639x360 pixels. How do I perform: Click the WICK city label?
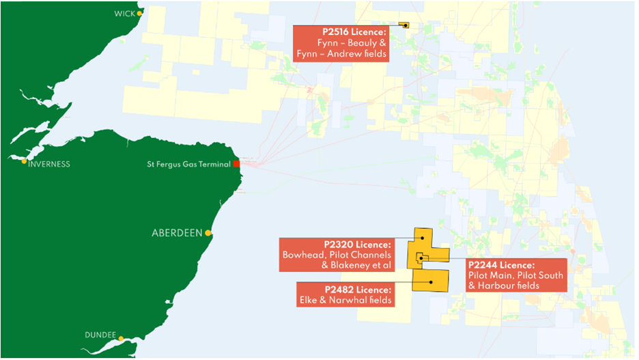point(125,14)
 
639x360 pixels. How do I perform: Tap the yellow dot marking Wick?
point(139,13)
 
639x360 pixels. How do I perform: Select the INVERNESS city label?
point(49,164)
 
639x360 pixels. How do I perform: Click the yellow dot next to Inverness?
point(25,161)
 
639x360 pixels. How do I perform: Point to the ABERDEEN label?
point(177,233)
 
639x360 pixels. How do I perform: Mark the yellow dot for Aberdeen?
point(208,233)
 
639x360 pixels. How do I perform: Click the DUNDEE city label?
point(100,335)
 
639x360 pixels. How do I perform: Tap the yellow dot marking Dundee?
point(121,338)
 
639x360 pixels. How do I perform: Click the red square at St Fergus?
point(236,164)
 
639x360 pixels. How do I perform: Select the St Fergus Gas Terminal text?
point(189,164)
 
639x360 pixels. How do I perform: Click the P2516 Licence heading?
point(354,31)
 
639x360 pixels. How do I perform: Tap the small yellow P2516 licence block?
point(403,25)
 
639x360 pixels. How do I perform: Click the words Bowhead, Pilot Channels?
point(337,255)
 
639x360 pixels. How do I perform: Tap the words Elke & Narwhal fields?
point(345,300)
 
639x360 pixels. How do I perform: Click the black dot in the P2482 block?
point(431,281)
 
